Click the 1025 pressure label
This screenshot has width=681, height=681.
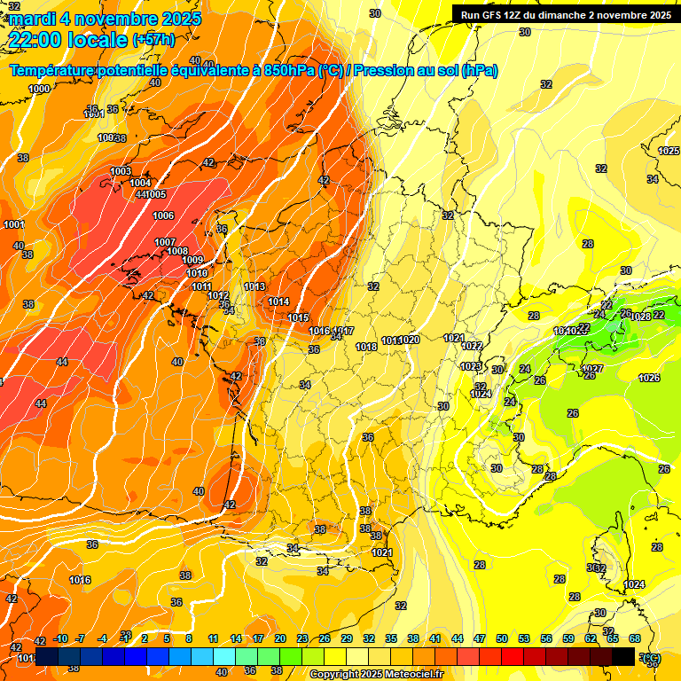[669, 152]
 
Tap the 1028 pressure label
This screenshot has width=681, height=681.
[640, 317]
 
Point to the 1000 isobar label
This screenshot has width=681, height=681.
[39, 89]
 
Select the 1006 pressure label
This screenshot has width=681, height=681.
[163, 215]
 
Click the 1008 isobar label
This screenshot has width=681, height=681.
[177, 251]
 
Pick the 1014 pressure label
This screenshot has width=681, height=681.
[278, 302]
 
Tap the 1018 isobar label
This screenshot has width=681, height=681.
[366, 347]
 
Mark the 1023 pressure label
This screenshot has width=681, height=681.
[471, 366]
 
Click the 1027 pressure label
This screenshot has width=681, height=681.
[592, 369]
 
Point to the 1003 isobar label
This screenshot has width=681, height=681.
[121, 171]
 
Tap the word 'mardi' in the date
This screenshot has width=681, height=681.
[33, 18]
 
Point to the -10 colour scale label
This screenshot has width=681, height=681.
[60, 638]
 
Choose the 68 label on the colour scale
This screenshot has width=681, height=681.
[635, 638]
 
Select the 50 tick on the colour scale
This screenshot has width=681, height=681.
[502, 638]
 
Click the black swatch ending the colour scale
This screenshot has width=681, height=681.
[623, 656]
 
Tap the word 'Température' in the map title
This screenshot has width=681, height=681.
[54, 70]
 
